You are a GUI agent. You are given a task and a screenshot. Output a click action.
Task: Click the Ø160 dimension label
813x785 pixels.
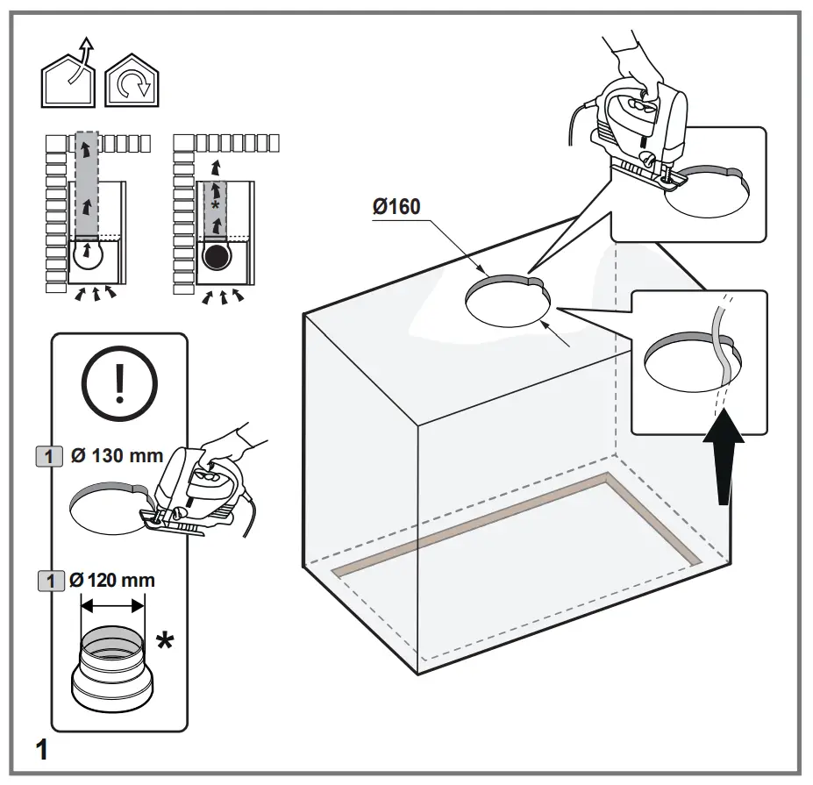396,208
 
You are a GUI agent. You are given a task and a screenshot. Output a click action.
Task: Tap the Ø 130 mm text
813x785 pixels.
117,456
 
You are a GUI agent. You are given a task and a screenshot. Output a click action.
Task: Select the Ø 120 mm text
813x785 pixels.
111,580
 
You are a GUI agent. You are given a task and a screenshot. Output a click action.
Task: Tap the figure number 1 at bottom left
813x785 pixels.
41,750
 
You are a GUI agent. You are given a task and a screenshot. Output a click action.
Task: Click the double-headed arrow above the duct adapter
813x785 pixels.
112,604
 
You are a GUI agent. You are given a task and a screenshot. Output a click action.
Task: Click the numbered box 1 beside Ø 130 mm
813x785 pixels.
49,456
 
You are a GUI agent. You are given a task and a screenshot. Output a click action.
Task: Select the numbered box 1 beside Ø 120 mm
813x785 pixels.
49,580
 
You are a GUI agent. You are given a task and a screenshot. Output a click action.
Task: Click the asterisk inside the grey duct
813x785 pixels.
215,203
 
